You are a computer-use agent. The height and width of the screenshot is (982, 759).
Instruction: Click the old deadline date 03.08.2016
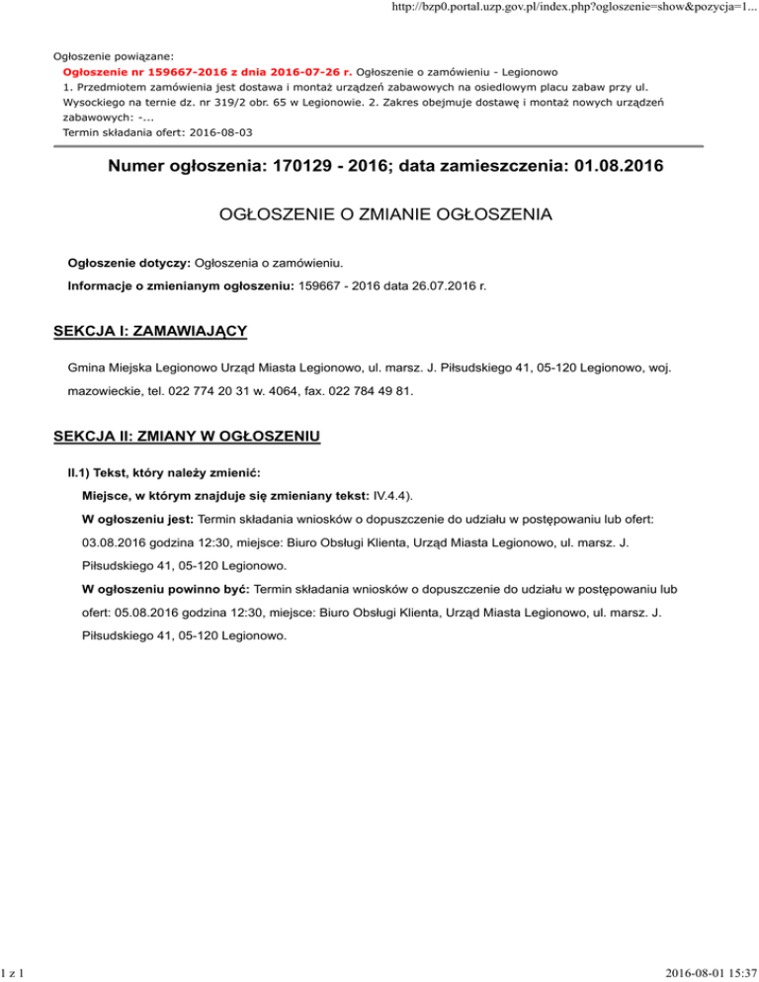[x=118, y=542]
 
